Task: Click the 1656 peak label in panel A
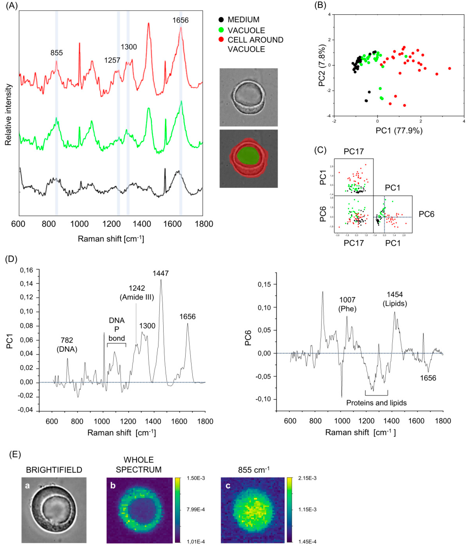click(181, 20)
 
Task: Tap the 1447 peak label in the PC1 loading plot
click(160, 273)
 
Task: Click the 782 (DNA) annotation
click(67, 345)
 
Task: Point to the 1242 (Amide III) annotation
click(137, 293)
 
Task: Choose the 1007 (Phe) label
click(347, 304)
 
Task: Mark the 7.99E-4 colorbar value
click(196, 509)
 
